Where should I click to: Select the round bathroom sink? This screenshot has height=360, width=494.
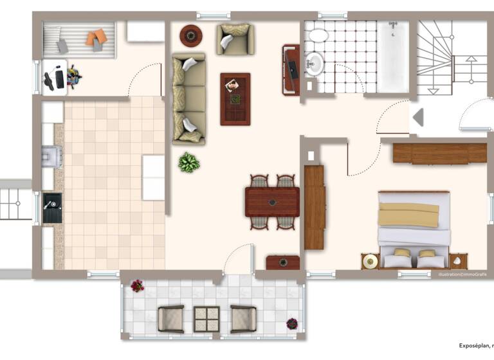(314, 63)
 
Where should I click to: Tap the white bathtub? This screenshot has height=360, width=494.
(392, 57)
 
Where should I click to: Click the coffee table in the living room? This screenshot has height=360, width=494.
(235, 98)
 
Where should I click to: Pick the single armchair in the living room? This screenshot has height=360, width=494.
(234, 39)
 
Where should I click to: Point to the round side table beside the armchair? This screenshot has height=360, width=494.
(190, 35)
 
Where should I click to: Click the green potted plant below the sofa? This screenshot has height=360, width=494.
(188, 162)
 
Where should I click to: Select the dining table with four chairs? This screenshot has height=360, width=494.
(272, 201)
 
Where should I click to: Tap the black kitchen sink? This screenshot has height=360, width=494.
(52, 207)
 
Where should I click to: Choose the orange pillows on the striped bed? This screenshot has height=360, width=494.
(96, 38)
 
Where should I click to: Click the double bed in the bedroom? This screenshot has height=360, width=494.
(414, 228)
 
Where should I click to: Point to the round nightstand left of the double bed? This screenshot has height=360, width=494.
(370, 261)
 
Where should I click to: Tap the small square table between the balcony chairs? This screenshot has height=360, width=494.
(206, 319)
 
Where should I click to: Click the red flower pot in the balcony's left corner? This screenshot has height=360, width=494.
(137, 285)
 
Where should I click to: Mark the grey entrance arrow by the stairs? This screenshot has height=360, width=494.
(417, 118)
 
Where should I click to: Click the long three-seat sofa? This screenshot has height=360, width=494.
(188, 98)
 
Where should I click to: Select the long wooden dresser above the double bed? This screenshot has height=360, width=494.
(439, 153)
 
